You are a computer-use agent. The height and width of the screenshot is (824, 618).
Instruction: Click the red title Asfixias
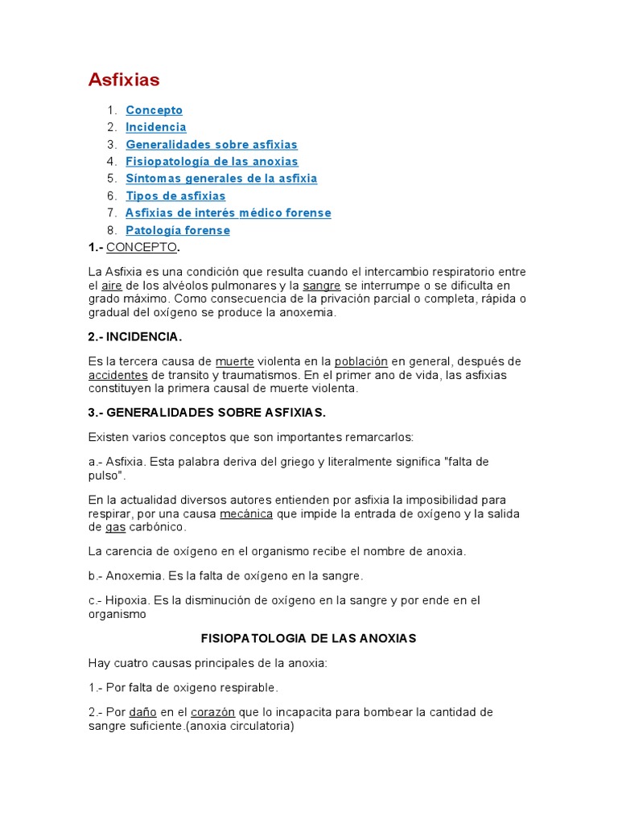tap(124, 80)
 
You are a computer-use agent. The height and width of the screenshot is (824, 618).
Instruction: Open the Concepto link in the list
tap(154, 110)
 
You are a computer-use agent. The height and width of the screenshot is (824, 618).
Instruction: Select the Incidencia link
tap(155, 127)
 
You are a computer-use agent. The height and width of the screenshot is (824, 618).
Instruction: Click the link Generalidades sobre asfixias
tap(212, 145)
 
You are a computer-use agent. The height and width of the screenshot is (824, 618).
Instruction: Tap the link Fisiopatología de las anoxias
tap(212, 162)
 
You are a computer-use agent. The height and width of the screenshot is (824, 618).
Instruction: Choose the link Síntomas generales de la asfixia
tap(221, 179)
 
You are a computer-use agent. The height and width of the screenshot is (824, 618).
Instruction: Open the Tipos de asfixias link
tap(175, 196)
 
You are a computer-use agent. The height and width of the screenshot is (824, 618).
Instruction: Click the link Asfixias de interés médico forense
tap(228, 213)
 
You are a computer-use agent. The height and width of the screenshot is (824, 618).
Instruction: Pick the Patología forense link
tap(178, 231)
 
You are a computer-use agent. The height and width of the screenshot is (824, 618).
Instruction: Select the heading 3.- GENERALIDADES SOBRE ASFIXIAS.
tap(207, 413)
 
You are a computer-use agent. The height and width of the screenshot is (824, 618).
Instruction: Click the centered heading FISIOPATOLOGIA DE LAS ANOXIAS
tap(308, 638)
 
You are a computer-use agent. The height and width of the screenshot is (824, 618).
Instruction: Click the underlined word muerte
tap(235, 361)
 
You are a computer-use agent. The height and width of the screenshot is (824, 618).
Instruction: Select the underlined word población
tap(361, 361)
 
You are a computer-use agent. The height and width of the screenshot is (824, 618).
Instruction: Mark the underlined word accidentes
tap(117, 375)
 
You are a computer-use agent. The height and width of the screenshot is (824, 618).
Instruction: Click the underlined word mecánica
tap(246, 514)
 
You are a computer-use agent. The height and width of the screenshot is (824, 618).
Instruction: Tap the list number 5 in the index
tap(112, 179)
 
